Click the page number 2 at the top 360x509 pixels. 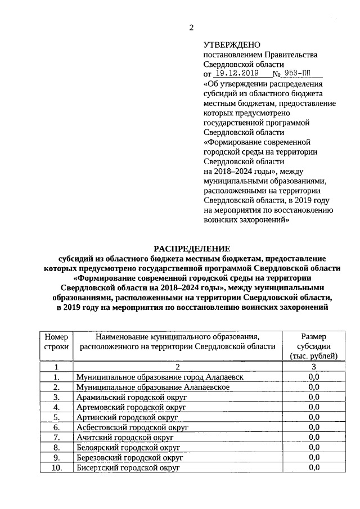click(x=191, y=28)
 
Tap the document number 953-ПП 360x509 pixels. click(x=300, y=73)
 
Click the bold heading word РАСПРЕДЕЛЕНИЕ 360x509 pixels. click(x=192, y=248)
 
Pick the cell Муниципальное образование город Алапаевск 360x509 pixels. click(x=160, y=377)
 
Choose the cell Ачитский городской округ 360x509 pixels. click(x=125, y=437)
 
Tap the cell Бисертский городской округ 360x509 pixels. click(x=128, y=467)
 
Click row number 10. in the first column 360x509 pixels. click(x=56, y=467)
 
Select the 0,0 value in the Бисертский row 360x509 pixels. click(x=314, y=467)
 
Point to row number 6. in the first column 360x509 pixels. click(x=56, y=427)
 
